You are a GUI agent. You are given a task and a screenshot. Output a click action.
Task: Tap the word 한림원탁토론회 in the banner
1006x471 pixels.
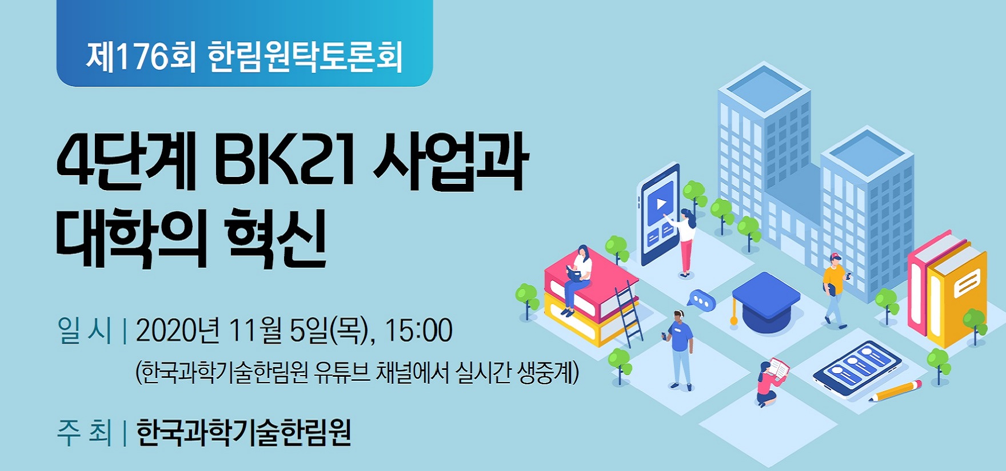(305, 57)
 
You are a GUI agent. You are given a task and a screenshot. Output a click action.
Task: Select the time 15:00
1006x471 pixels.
(418, 330)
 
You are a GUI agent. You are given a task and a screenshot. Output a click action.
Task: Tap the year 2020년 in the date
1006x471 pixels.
(177, 330)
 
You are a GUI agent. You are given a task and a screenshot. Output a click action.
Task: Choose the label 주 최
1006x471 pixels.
(84, 432)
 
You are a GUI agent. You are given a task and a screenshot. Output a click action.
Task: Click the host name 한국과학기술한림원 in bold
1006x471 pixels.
(243, 432)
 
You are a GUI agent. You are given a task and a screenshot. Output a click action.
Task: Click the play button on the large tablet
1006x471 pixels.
(661, 204)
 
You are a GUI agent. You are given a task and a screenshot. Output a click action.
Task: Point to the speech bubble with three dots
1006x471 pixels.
(701, 300)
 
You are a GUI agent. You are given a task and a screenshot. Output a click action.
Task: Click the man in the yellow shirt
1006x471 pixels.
(835, 290)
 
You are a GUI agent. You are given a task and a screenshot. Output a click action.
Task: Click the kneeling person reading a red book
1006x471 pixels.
(771, 380)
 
